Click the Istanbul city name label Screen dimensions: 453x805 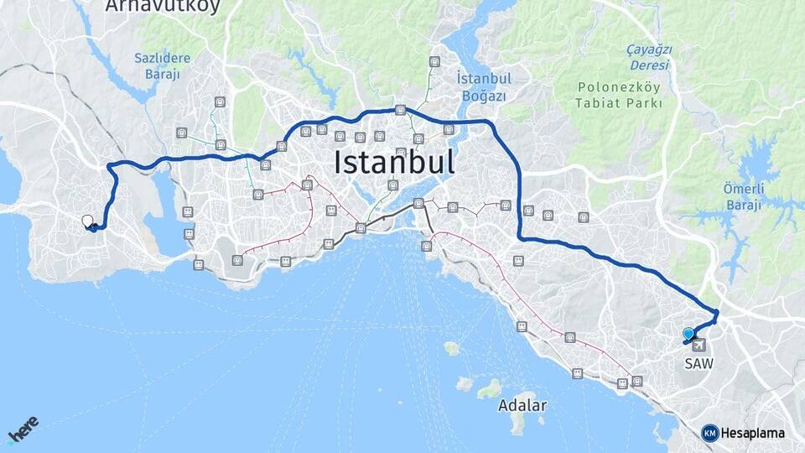pos(394,162)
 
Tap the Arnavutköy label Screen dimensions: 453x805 pos(163,7)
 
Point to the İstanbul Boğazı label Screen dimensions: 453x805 pos(483,86)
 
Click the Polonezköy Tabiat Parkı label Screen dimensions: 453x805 pos(619,95)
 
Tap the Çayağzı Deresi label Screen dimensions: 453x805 pos(649,57)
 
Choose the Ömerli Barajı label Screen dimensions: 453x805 pos(743,196)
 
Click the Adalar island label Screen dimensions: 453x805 pos(522,405)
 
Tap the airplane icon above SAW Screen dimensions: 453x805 pos(698,345)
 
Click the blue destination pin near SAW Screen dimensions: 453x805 pos(689,334)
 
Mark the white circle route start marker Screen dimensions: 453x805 pos(87,221)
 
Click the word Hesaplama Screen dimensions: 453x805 pos(752,433)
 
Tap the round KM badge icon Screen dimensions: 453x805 pos(709,433)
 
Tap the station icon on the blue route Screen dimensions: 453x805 pos(401,110)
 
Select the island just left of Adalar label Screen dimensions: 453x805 pos(488,389)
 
